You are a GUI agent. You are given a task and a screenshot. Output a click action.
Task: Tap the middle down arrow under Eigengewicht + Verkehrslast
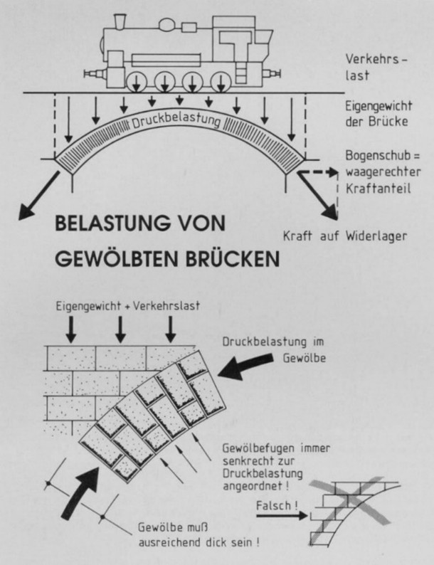pyautogui.click(x=120, y=328)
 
